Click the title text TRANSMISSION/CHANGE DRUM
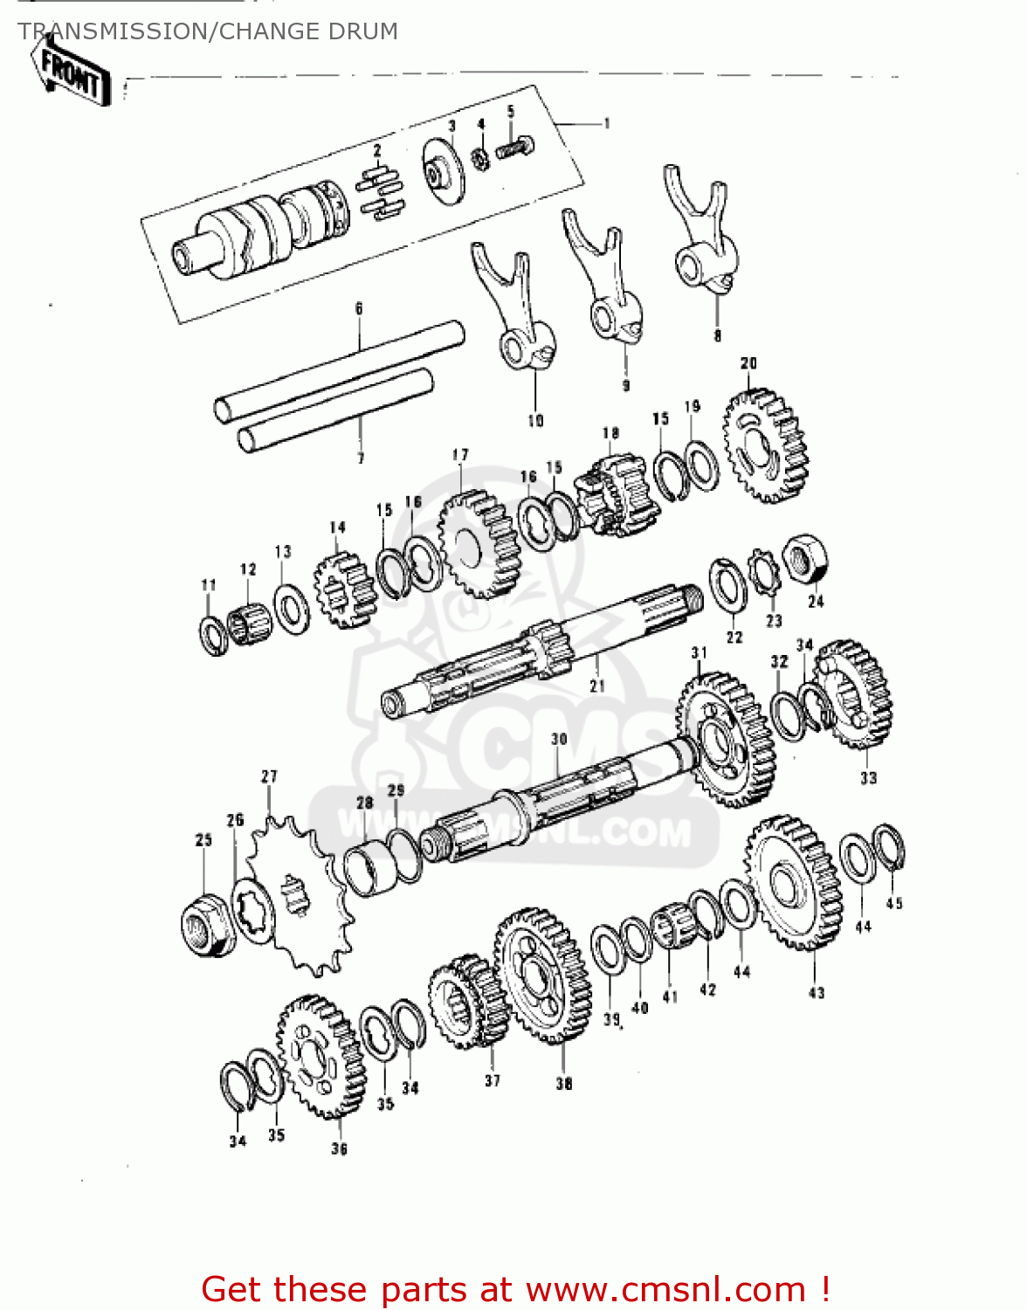208,31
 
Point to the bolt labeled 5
515,147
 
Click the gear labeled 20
765,445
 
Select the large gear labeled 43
794,883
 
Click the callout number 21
597,686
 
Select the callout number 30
559,739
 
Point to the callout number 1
606,124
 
